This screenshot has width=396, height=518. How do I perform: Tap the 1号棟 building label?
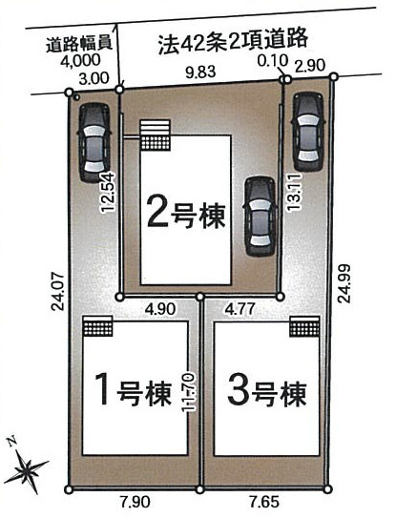coord(134,389)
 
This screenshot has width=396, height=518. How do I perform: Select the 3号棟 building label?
coord(267,391)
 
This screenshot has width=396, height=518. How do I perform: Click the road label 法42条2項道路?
coord(233,41)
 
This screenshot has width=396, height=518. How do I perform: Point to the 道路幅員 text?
coord(78,43)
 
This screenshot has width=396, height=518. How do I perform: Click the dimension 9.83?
coord(200,72)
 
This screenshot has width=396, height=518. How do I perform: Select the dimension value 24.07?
coord(58,291)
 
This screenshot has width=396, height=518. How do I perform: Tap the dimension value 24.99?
coord(344,283)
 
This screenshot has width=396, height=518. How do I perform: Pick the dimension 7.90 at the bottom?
coord(135,503)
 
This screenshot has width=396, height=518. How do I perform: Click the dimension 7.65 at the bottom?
coord(264,503)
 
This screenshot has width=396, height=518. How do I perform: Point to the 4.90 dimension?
coord(160,309)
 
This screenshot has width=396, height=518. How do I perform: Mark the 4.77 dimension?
coord(240,309)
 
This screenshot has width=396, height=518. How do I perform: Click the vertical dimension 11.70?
coord(189,392)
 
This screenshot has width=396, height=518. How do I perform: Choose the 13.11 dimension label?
coord(294,193)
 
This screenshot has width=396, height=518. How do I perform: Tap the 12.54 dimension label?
coord(108,193)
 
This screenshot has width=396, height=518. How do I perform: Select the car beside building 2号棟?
coord(261,217)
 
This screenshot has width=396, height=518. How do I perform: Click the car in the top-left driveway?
coord(94,143)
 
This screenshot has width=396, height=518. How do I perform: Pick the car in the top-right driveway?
coord(308,132)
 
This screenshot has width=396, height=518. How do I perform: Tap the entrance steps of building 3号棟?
coord(304,326)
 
